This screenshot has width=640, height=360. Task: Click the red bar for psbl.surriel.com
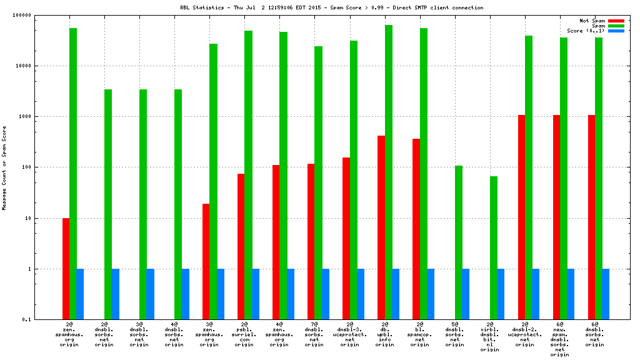point(241,246)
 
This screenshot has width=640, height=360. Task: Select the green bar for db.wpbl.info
point(388,172)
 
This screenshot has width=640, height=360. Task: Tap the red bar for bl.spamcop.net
point(416,229)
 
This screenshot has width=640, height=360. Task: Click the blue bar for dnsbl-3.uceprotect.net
point(361,294)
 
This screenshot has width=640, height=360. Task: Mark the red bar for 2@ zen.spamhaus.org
point(66,269)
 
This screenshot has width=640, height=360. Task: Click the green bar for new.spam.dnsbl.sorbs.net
point(563,178)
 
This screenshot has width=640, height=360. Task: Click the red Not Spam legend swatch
point(616,21)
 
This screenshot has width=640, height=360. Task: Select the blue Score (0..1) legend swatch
point(616,31)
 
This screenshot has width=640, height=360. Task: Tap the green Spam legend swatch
point(616,26)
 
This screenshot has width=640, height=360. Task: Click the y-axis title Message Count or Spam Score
point(4,167)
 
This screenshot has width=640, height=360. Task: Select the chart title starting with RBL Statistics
point(331,7)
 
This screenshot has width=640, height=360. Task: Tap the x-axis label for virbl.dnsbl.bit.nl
point(489,337)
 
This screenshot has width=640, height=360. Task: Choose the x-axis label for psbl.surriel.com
point(244,334)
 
